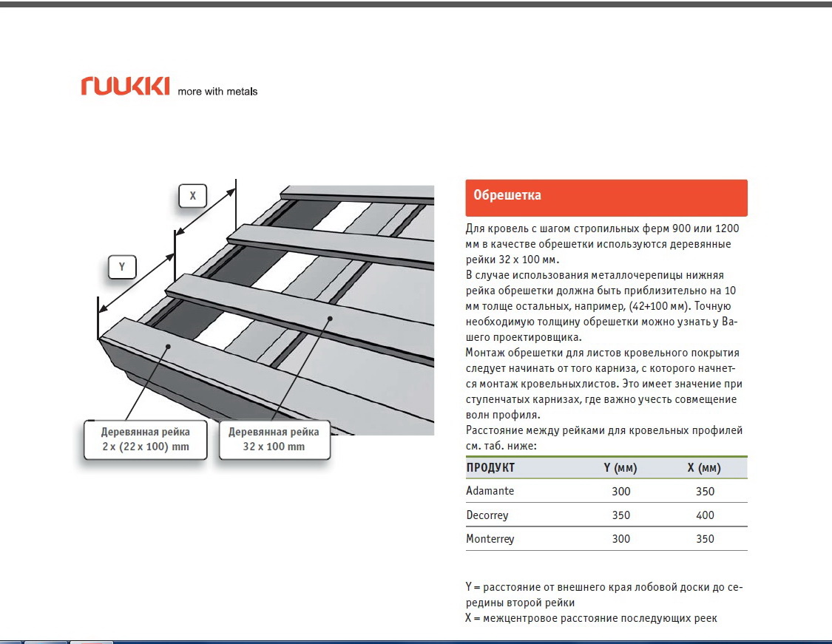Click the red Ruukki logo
125,86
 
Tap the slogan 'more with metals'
217,91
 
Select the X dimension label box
192,196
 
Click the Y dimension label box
122,267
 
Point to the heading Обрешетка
507,195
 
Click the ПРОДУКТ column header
490,468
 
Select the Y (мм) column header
620,468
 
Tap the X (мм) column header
704,468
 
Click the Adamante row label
490,491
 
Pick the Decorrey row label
487,515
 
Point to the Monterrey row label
490,539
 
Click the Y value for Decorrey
620,515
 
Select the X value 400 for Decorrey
706,515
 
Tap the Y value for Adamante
620,491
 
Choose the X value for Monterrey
706,539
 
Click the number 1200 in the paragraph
727,228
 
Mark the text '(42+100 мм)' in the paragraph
660,306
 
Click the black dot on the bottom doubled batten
168,347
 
